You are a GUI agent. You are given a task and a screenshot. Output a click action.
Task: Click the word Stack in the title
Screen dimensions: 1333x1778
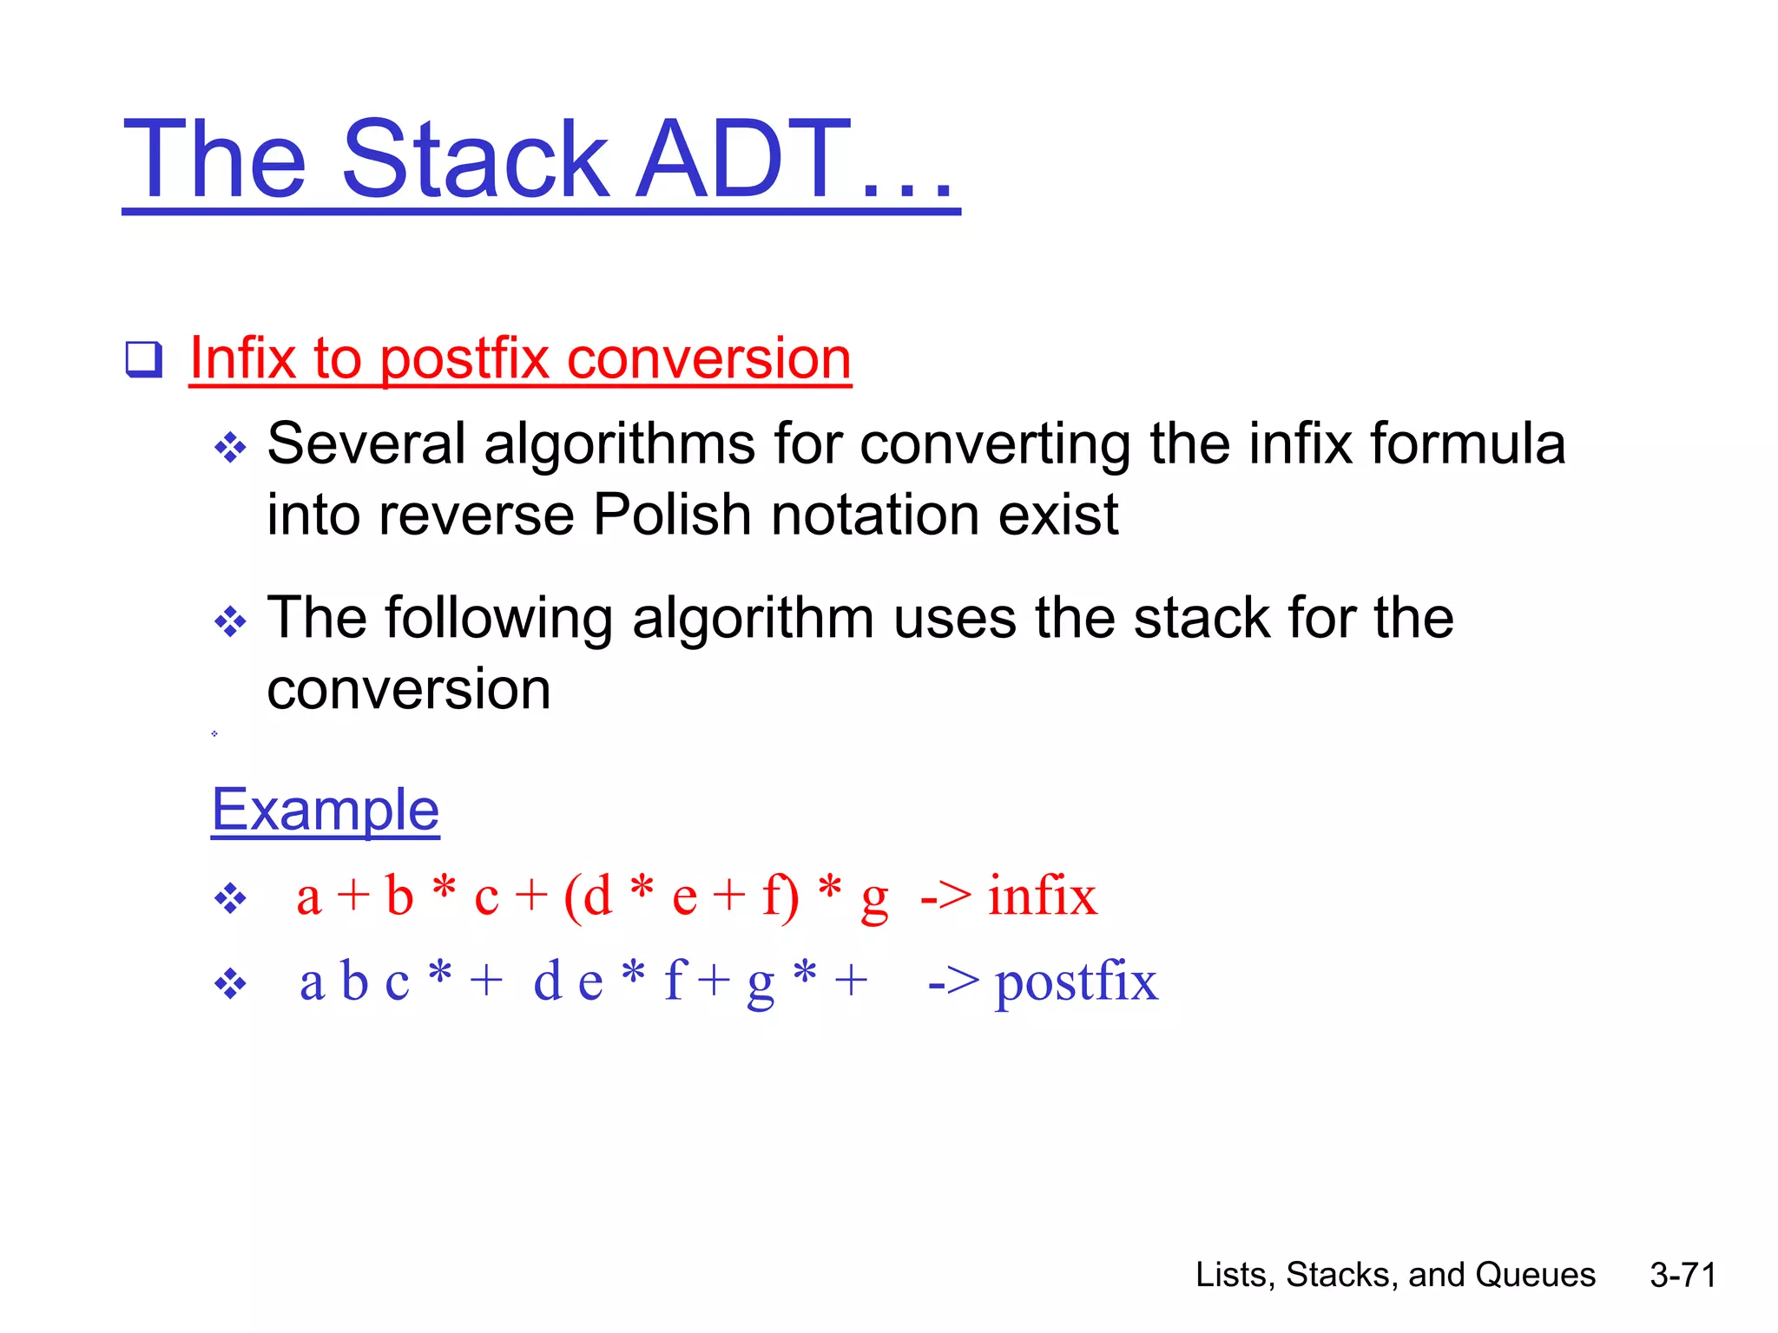coord(476,161)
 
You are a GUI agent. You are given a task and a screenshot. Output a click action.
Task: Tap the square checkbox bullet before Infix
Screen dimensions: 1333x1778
coord(143,359)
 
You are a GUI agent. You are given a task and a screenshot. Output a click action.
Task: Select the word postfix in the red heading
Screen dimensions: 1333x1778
coord(464,359)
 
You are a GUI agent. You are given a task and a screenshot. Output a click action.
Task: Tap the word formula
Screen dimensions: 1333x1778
coord(1467,444)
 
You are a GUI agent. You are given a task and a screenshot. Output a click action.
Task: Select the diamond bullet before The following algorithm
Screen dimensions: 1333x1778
coord(230,621)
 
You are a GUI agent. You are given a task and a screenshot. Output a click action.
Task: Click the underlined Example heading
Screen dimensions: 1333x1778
coord(326,811)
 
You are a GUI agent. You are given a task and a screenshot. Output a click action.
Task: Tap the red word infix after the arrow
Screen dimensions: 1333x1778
coord(1042,896)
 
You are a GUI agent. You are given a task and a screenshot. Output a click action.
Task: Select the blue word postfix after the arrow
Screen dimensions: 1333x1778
coord(1076,983)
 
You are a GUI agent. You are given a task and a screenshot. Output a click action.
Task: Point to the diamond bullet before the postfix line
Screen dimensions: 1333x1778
coord(230,985)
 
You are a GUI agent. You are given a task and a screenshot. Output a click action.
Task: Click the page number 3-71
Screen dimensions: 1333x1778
coord(1683,1275)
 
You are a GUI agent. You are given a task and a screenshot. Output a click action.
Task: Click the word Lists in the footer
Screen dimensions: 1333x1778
coord(1230,1275)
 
